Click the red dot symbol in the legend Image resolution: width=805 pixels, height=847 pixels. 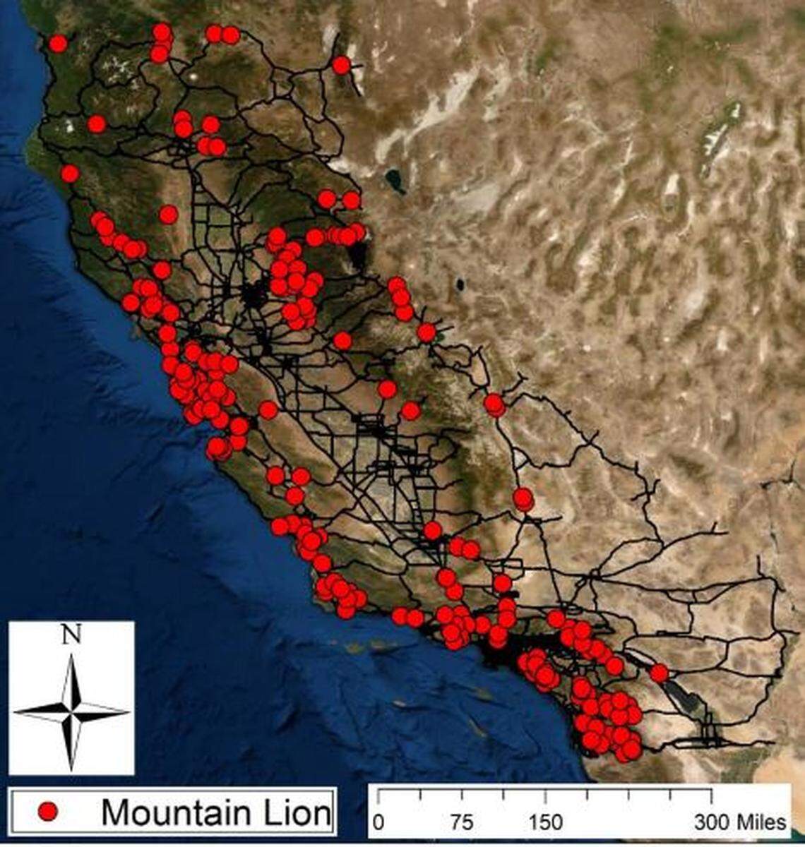(48, 812)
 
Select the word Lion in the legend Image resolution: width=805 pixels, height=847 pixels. (296, 812)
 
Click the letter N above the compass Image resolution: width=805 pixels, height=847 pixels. (71, 636)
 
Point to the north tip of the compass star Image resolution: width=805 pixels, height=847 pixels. (71, 655)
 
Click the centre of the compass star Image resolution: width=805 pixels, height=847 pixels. (71, 712)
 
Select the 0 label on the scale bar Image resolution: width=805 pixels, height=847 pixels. (378, 823)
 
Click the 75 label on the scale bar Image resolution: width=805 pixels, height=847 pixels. (462, 823)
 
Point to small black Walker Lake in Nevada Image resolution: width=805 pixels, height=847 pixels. (460, 285)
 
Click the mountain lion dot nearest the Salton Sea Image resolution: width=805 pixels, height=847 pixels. (659, 673)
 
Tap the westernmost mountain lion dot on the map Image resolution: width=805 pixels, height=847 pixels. (58, 44)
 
